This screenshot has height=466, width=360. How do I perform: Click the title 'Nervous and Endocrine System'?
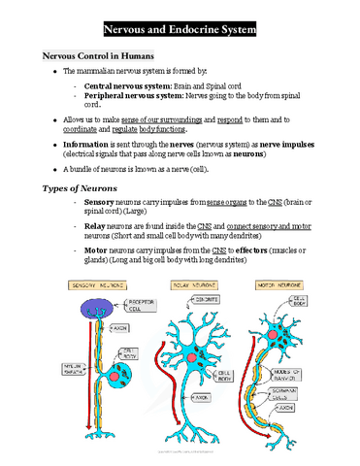point(180,30)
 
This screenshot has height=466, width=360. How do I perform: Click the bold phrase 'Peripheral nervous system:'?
point(136,97)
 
